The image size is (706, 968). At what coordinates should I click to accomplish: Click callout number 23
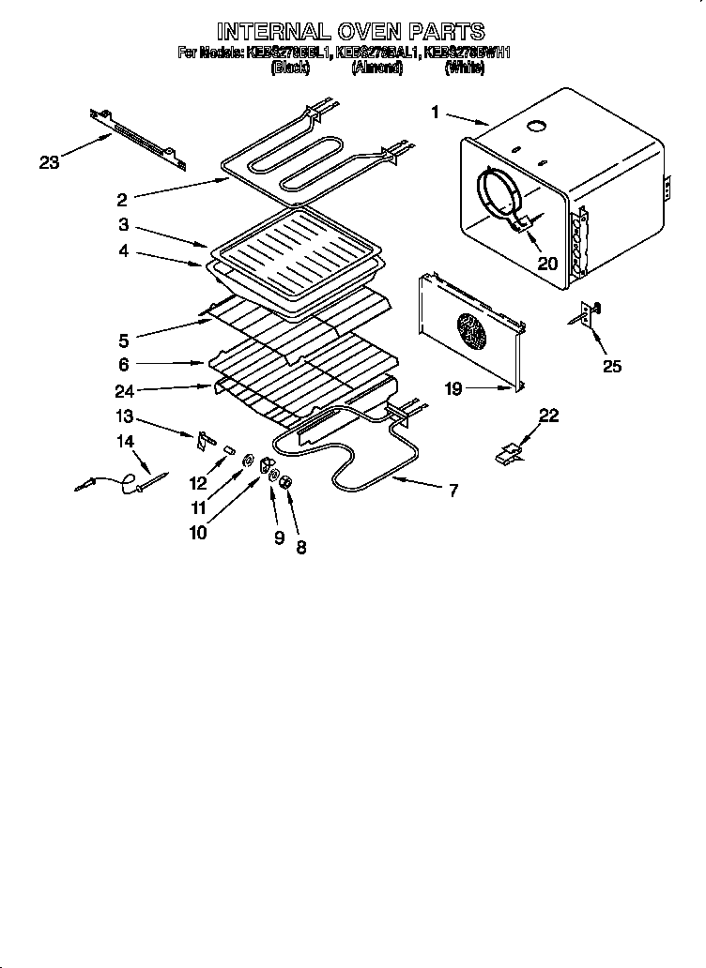point(49,162)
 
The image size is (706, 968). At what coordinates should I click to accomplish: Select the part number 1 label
point(436,113)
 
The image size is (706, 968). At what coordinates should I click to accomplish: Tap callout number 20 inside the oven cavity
point(546,264)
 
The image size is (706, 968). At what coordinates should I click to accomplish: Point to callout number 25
point(611,366)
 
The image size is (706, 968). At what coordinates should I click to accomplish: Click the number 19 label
point(453,388)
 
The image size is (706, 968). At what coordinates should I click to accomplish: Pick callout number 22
point(549,416)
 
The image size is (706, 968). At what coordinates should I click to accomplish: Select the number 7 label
point(453,490)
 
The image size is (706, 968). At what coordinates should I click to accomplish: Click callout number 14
point(125,441)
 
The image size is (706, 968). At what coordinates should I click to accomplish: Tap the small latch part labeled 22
point(509,454)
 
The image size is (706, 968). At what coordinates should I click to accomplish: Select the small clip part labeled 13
point(206,438)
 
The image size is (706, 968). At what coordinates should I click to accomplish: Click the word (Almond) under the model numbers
point(377,68)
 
